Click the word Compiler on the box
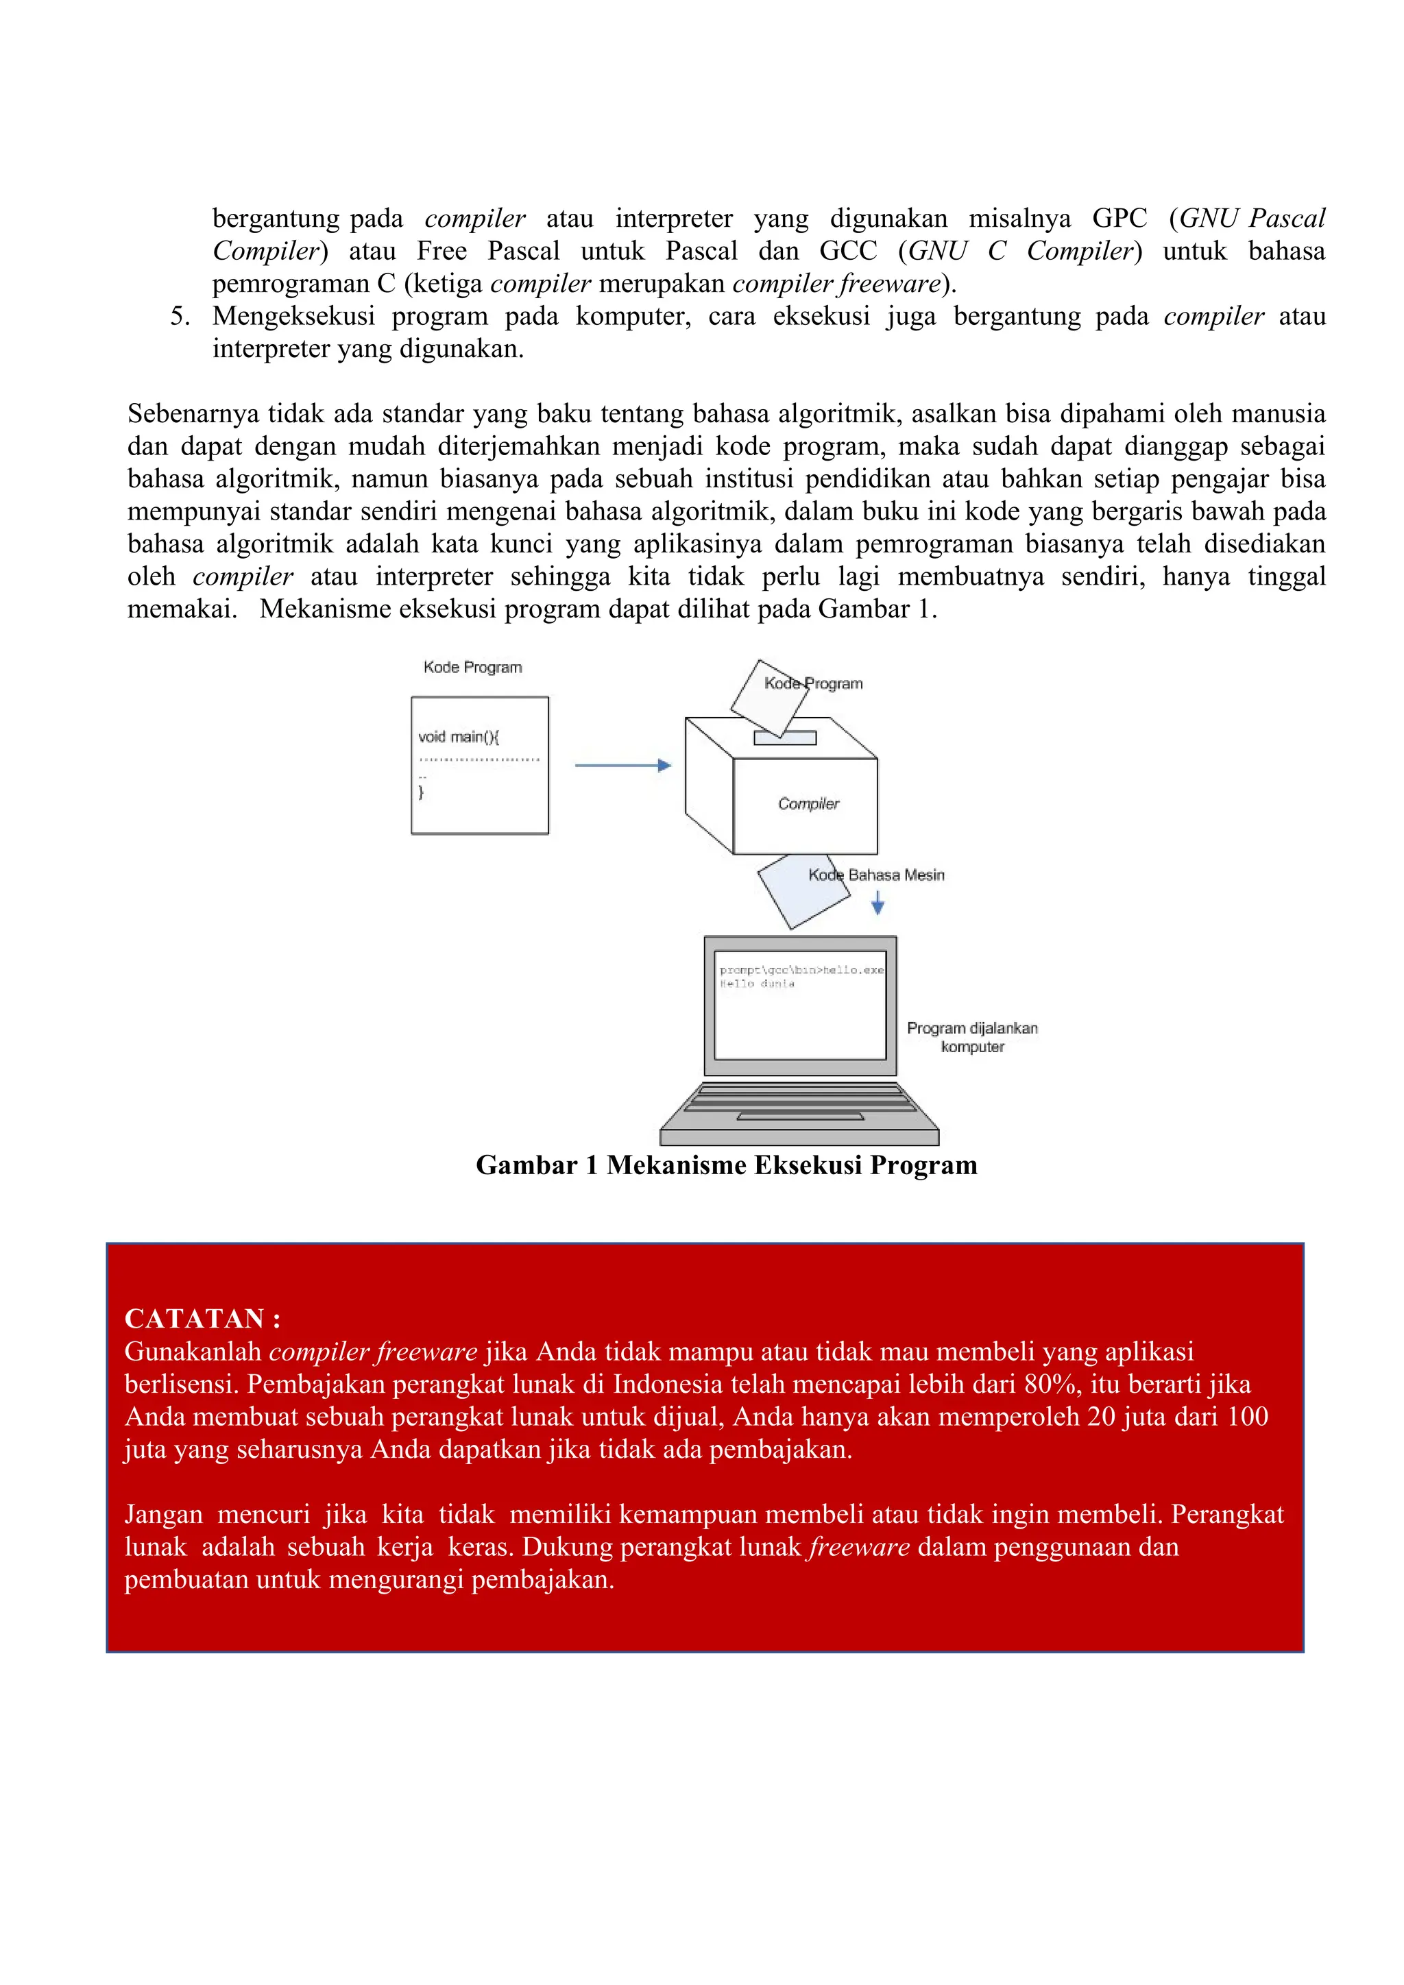tap(808, 804)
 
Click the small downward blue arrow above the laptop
tap(877, 903)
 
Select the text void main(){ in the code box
tap(458, 737)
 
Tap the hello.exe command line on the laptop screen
tap(801, 970)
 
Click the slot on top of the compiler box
tap(785, 738)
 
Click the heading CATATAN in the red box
tap(202, 1319)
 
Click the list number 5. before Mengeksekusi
tap(180, 317)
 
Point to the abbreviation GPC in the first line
tap(1119, 218)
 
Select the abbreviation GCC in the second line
tap(847, 251)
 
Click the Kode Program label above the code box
tap(472, 668)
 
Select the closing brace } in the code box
tap(421, 792)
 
